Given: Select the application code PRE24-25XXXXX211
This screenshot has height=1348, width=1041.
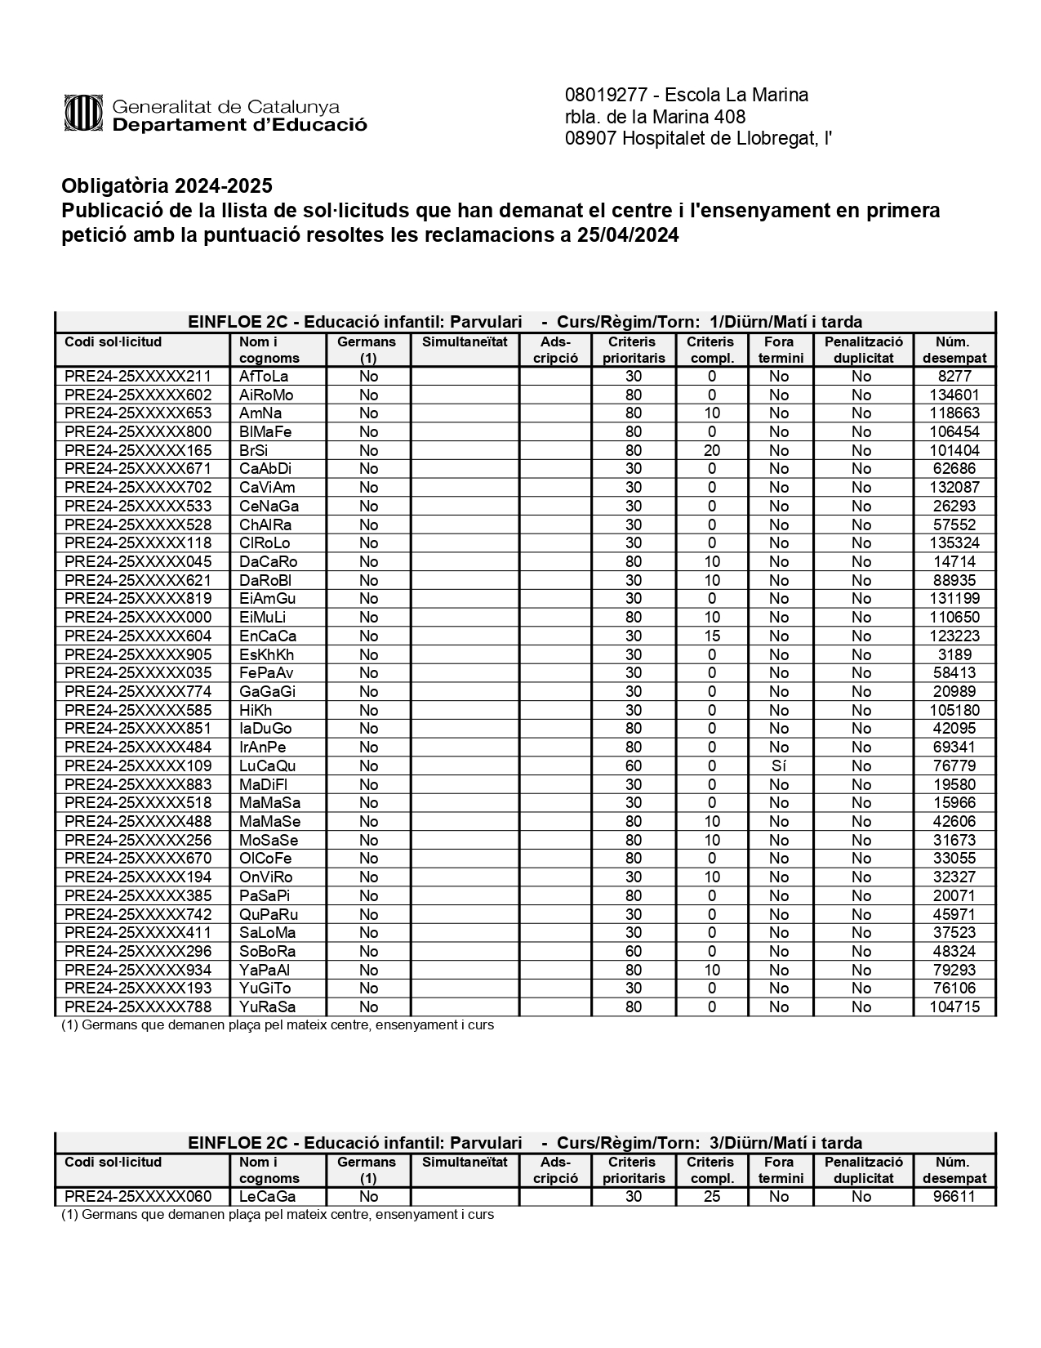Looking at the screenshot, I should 138,377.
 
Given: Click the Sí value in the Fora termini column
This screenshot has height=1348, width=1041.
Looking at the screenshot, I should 779,766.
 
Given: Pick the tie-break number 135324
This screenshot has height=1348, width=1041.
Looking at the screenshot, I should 954,543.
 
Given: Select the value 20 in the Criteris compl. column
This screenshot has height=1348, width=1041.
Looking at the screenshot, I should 712,451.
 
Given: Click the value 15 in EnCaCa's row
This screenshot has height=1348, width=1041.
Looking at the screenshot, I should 712,636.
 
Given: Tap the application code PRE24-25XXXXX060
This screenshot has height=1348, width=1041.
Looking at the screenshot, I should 138,1197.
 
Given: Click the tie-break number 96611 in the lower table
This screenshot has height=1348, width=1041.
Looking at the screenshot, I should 954,1197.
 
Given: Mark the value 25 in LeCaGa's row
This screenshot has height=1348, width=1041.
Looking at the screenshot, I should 712,1197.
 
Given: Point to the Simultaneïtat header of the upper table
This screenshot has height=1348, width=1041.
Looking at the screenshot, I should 465,342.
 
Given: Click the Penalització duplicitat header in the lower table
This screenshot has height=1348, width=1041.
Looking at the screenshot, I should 863,1170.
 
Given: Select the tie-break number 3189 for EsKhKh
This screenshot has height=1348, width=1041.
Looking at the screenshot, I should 954,655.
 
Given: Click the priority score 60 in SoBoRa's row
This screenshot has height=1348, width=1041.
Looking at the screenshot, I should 633,952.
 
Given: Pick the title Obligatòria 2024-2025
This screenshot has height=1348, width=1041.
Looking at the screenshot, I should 167,186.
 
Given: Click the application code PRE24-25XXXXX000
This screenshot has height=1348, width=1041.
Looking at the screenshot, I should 138,618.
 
